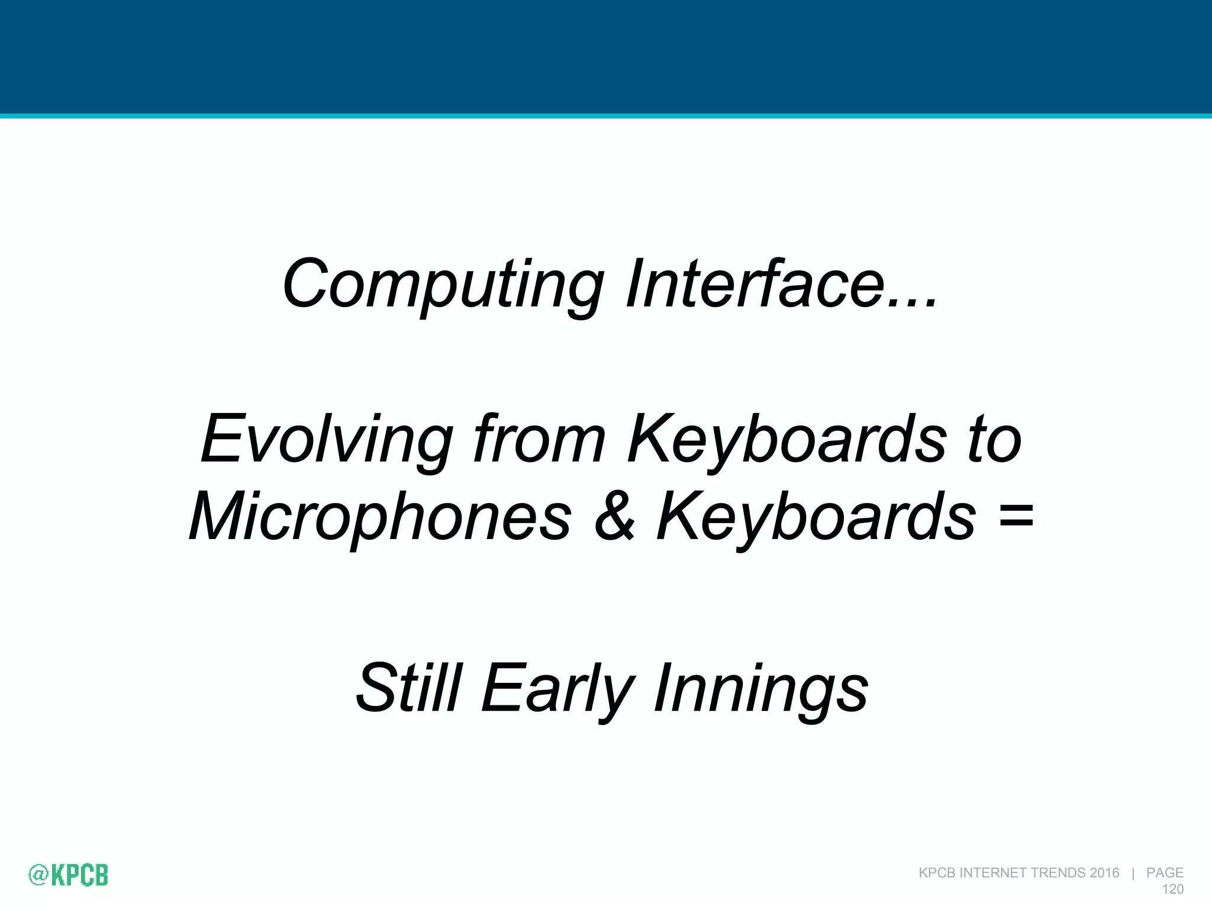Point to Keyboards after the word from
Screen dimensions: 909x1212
pyautogui.click(x=787, y=441)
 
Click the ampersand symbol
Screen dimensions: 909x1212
pyautogui.click(x=615, y=516)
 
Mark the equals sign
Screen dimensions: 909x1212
pyautogui.click(x=1016, y=516)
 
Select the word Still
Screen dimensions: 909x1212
pyautogui.click(x=409, y=688)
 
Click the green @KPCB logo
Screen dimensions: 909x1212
pyautogui.click(x=69, y=875)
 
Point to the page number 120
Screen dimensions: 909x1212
pyautogui.click(x=1172, y=889)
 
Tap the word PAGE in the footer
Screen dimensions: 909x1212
pyautogui.click(x=1165, y=873)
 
